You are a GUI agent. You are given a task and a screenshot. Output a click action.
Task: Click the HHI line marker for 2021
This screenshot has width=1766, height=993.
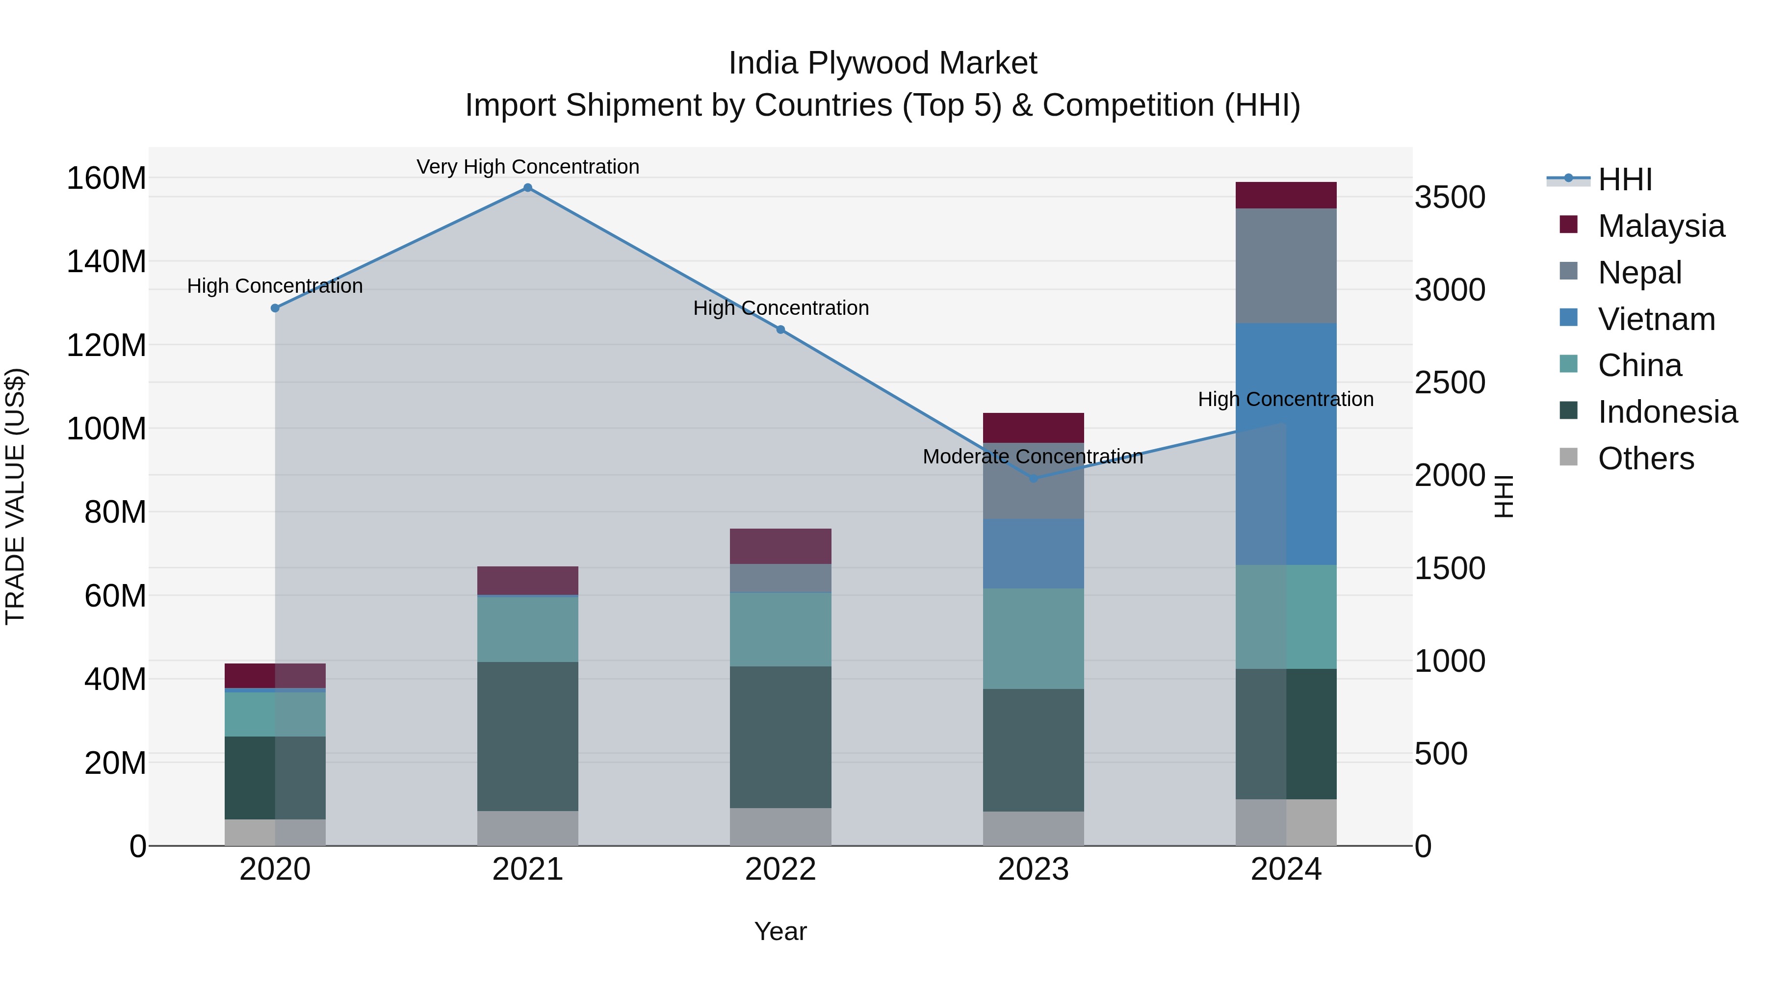(x=527, y=188)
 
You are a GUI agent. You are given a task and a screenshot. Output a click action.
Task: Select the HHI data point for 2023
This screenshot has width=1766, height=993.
(x=1034, y=478)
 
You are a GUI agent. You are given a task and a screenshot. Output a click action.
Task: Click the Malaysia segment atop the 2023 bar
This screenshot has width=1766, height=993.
(x=1033, y=428)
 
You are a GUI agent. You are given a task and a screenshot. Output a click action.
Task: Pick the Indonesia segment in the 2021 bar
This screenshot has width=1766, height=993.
(x=527, y=736)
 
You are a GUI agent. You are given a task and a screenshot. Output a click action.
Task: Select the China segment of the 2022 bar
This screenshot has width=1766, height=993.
(x=780, y=629)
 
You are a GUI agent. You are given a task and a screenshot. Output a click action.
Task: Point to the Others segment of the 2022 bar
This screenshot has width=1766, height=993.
(x=780, y=826)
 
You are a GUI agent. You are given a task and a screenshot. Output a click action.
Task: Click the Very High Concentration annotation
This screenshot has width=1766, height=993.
(x=527, y=167)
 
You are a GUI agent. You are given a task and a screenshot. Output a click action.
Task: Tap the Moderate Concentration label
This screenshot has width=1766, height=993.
(x=1033, y=457)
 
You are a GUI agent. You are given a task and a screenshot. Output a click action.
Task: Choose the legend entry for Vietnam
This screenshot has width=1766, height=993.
(x=1656, y=319)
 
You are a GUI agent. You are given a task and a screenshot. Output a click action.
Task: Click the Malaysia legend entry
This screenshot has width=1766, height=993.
(x=1661, y=226)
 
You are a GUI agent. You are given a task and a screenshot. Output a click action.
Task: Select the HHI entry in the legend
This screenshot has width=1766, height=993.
(x=1624, y=179)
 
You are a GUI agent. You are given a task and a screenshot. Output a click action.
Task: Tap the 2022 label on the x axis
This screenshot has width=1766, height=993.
(x=780, y=869)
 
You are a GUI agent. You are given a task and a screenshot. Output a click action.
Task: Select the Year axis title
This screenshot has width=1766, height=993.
(x=780, y=931)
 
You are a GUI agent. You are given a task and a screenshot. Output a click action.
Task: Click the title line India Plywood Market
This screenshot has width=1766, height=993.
(x=883, y=63)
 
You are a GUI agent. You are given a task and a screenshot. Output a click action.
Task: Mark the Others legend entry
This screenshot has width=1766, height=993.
(x=1645, y=458)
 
